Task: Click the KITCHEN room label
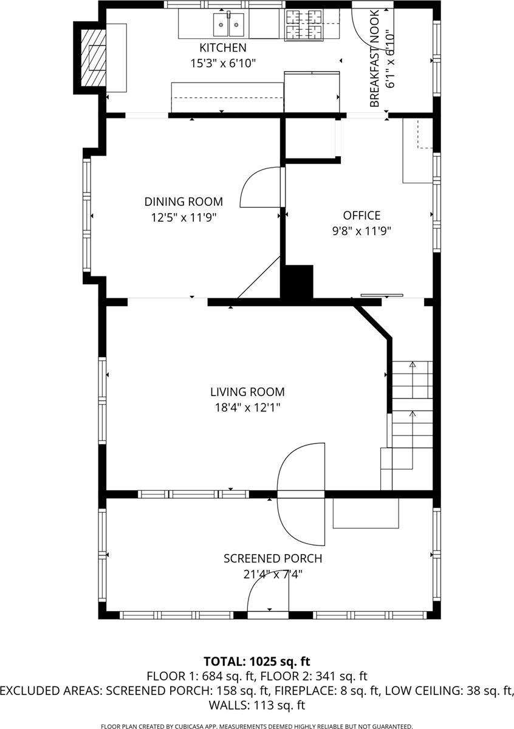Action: pos(223,47)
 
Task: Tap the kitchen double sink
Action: pos(228,25)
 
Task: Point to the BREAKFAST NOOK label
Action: pos(375,58)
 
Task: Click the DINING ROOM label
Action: pos(183,202)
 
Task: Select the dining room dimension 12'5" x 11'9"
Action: pos(183,217)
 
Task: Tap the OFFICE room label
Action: pos(362,216)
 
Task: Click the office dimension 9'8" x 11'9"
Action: pos(362,231)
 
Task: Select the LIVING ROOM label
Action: pos(247,392)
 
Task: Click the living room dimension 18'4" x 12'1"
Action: pos(247,408)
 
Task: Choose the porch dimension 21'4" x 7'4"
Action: pos(273,574)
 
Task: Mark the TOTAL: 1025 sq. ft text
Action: pos(257,661)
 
